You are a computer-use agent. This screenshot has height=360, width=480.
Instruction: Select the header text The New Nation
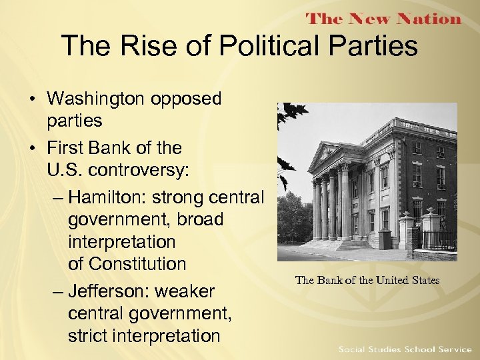(x=383, y=19)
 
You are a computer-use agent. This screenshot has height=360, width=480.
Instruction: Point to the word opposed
(x=186, y=99)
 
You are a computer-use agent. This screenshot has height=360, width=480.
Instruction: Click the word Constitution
(x=127, y=264)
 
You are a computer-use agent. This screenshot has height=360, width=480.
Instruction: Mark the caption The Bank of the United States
(x=367, y=280)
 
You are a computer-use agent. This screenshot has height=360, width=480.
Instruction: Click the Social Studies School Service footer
(x=405, y=349)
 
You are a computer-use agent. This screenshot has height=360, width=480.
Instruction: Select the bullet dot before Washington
(x=32, y=99)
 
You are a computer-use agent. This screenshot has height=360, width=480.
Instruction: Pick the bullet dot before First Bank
(x=32, y=147)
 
